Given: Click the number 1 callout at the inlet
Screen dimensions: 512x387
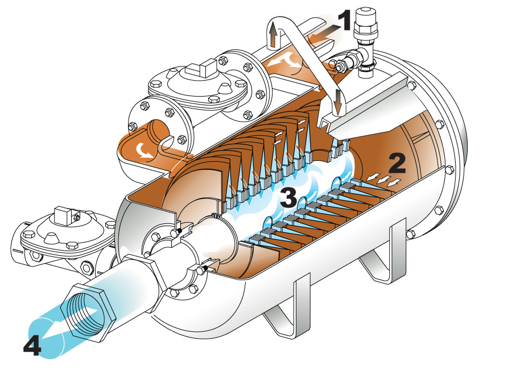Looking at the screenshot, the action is coord(344,20).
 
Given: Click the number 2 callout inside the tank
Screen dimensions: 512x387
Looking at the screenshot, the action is coord(397,163).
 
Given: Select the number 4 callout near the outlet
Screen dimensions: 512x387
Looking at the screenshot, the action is coord(32,346).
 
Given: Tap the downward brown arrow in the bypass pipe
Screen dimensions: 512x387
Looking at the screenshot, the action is coord(337,102).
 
